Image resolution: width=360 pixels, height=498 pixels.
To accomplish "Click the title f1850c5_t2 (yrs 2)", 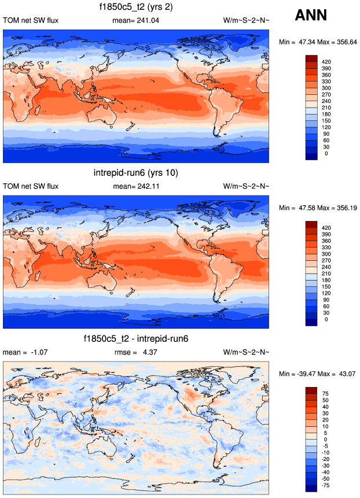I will click(136, 8).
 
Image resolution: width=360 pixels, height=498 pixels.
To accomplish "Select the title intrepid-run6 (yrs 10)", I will click(136, 173).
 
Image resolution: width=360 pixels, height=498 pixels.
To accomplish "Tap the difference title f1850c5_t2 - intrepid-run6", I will click(136, 339).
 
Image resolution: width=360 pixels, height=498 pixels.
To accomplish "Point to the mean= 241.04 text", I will click(137, 21).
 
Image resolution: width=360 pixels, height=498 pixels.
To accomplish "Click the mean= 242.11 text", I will click(137, 186).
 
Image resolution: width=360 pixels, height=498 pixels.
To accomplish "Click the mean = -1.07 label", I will click(23, 352).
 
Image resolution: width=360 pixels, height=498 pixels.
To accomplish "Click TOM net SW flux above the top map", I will click(31, 21).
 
